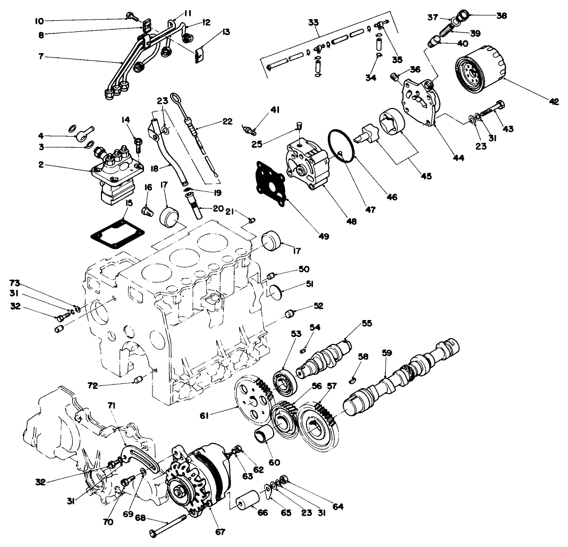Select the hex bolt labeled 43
coord(494,113)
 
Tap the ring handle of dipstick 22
coord(177,98)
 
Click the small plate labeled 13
coord(200,56)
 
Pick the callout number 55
coord(367,323)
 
